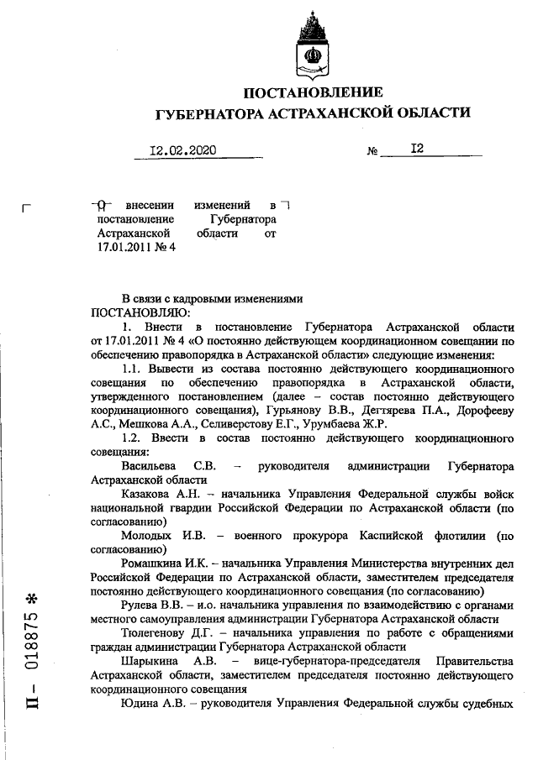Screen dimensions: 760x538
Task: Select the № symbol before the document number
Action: point(374,152)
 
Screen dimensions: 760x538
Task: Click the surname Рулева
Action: point(141,607)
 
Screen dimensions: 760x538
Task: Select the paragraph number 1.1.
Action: point(133,367)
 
